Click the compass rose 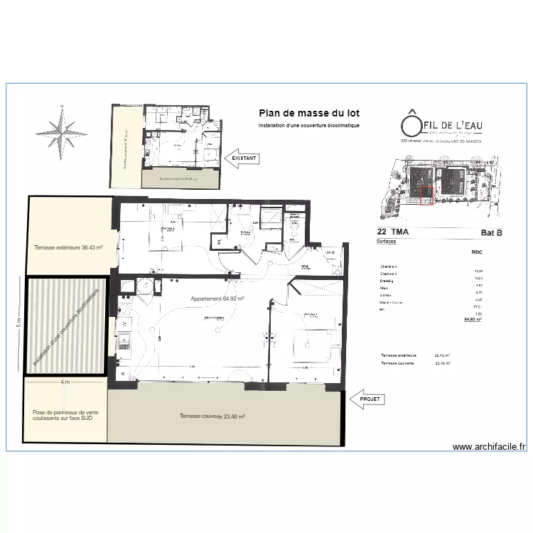click(x=62, y=132)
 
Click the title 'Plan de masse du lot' click(x=309, y=114)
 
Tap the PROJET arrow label click(x=370, y=399)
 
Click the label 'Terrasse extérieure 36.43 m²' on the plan click(x=69, y=248)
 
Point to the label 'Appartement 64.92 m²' click(x=217, y=299)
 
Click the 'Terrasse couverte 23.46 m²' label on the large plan click(x=212, y=416)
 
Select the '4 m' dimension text click(x=65, y=382)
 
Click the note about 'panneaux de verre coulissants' click(x=65, y=416)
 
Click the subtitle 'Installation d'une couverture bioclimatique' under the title click(x=309, y=125)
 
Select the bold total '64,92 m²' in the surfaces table click(x=473, y=320)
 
